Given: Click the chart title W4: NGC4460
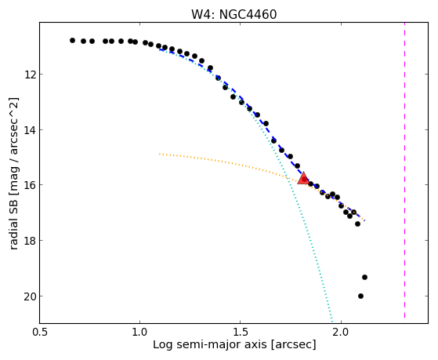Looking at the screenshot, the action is [x=233, y=14].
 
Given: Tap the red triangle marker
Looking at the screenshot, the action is [x=303, y=179].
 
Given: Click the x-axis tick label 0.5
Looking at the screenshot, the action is [x=39, y=332].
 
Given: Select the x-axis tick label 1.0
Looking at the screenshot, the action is [x=139, y=332].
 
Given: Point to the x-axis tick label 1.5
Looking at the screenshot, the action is [x=241, y=332].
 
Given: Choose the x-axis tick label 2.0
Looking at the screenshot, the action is [x=341, y=332].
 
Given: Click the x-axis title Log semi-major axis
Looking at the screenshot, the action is [x=210, y=345].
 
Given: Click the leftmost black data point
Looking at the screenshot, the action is [x=72, y=40].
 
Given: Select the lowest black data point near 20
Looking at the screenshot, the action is [x=360, y=296].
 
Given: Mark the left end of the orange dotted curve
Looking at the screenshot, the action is [x=160, y=154].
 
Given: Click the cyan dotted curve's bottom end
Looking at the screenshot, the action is [x=332, y=322].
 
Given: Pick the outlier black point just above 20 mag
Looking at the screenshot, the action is [x=364, y=277].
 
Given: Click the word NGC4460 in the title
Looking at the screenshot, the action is [x=248, y=14].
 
